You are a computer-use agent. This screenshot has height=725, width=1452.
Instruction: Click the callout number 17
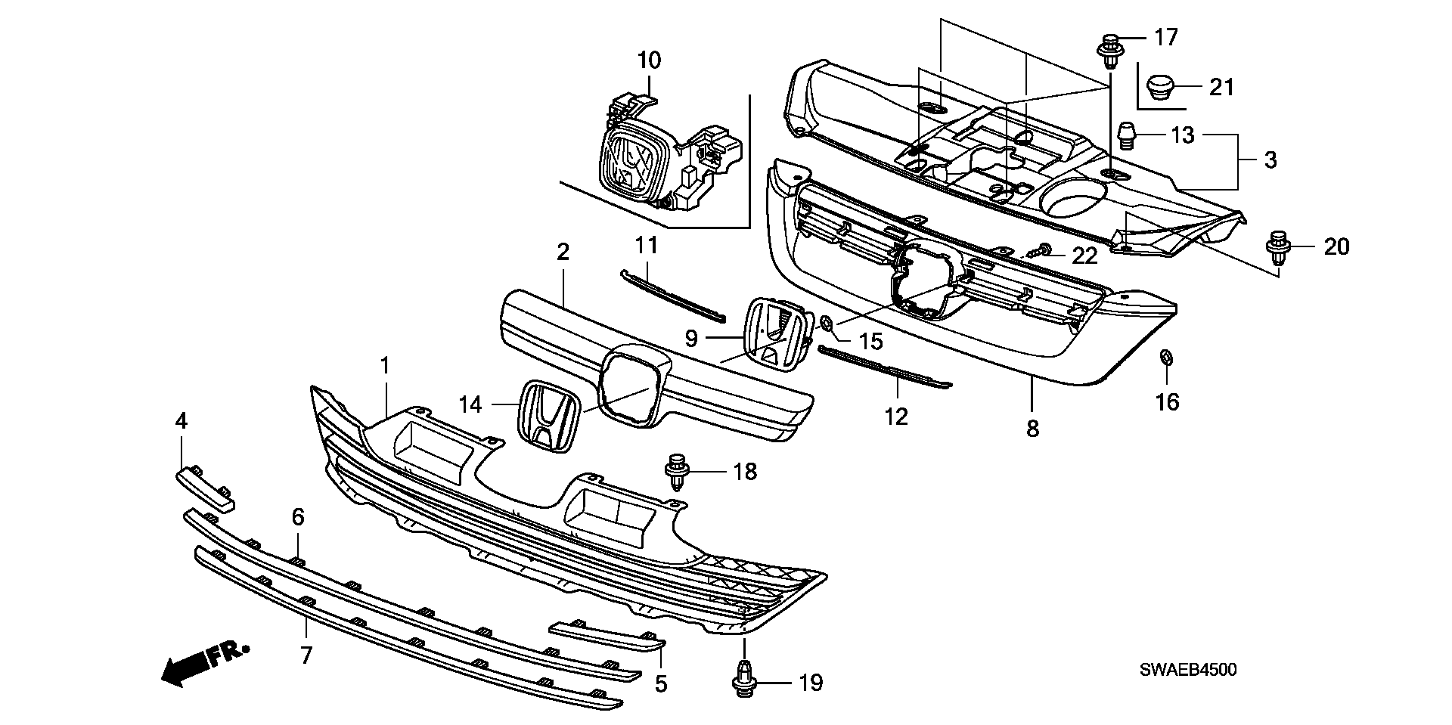[x=1165, y=36]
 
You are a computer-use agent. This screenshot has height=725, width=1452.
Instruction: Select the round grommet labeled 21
[x=1159, y=87]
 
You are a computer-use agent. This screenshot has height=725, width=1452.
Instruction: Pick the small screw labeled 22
[x=1043, y=251]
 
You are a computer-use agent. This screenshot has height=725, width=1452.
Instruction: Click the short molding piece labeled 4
[x=205, y=488]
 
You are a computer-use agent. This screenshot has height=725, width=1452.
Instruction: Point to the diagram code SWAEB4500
[x=1188, y=670]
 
